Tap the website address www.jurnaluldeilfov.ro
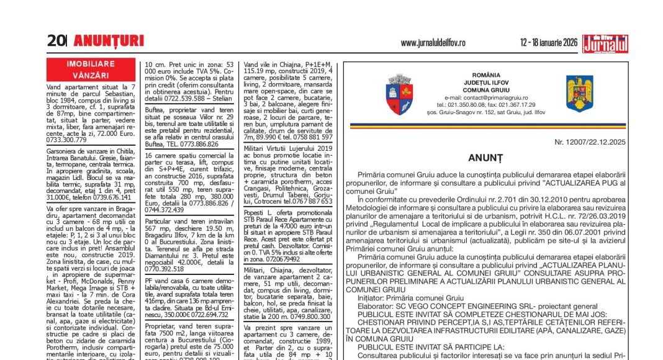433,42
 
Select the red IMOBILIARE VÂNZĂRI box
91,68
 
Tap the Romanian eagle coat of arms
579,93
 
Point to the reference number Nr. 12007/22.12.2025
590,142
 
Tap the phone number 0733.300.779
66,140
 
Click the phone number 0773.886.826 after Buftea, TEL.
189,143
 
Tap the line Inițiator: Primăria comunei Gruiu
410,298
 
